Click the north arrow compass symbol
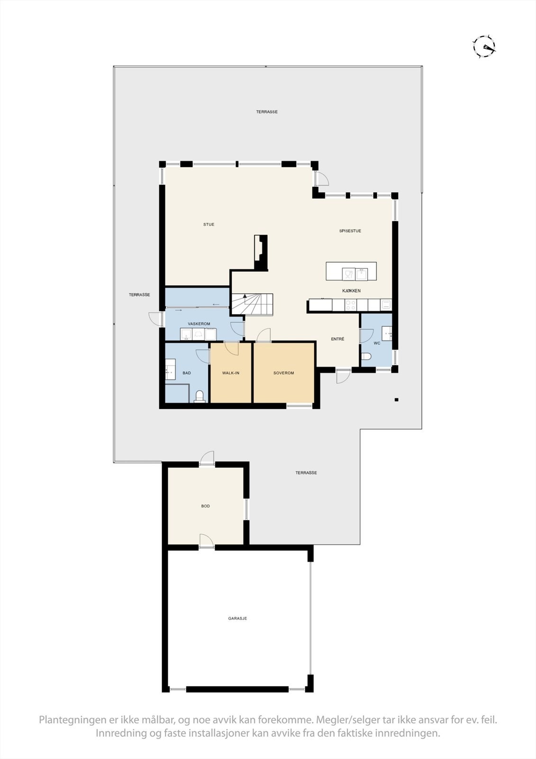coord(484,46)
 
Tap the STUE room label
coord(209,224)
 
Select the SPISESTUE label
coord(350,231)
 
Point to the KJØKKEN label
coord(351,290)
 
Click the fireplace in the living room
coord(261,252)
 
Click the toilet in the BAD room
coord(200,396)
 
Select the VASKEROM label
coord(199,324)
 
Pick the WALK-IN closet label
coord(231,373)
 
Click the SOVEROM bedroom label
coord(283,373)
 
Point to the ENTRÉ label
coord(337,339)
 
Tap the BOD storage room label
coord(205,506)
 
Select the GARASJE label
coord(237,619)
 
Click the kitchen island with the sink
coord(351,271)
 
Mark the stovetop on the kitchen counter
coord(351,305)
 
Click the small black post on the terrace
coord(397,399)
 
